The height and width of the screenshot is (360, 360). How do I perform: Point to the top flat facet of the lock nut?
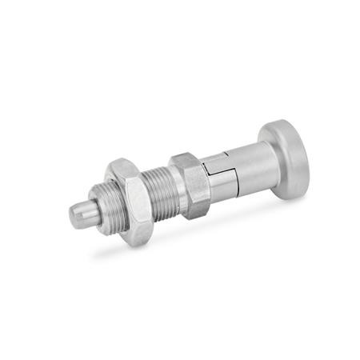pyautogui.click(x=121, y=166)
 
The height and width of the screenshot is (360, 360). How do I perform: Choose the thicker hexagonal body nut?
pyautogui.click(x=192, y=184)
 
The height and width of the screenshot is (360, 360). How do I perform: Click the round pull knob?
pyautogui.click(x=285, y=159)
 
